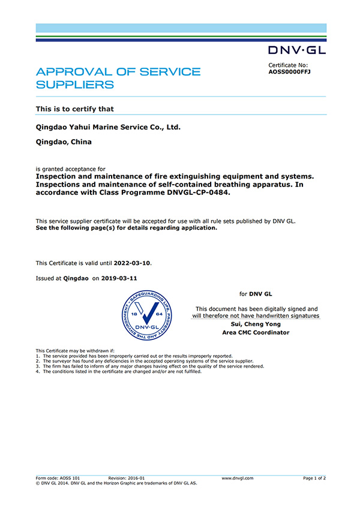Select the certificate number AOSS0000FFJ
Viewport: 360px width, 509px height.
pyautogui.click(x=289, y=72)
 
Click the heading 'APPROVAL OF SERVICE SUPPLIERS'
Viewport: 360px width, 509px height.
pyautogui.click(x=118, y=78)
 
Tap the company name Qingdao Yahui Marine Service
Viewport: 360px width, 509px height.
pyautogui.click(x=108, y=127)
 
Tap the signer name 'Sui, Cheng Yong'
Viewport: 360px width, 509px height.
pyautogui.click(x=256, y=324)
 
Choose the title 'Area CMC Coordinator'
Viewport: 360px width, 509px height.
pyautogui.click(x=256, y=332)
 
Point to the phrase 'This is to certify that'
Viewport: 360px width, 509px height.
pyautogui.click(x=75, y=109)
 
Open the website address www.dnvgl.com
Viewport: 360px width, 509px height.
pyautogui.click(x=238, y=478)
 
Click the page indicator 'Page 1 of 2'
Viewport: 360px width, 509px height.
pyautogui.click(x=314, y=478)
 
